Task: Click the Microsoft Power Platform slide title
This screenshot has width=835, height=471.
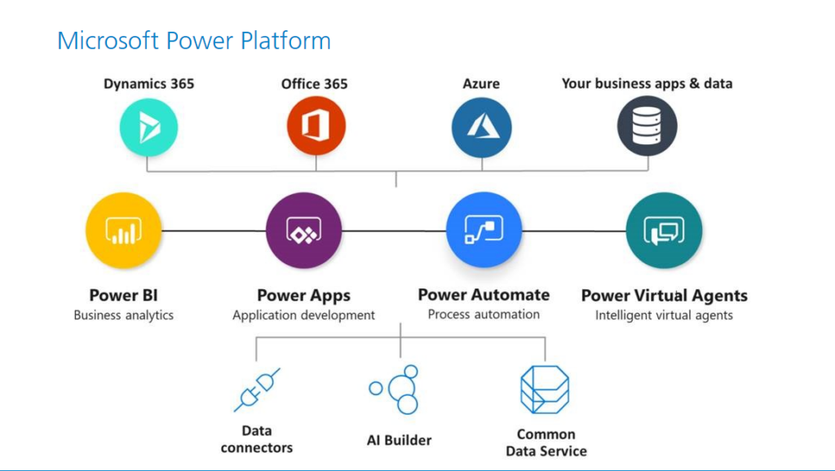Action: point(194,41)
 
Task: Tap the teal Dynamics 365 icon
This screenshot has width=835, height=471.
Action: point(148,127)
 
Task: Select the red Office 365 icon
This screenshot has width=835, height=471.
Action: point(316,126)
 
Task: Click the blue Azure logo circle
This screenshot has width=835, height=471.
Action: point(481,127)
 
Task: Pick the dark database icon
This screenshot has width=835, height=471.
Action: point(647,126)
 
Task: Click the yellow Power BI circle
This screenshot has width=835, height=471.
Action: point(124,231)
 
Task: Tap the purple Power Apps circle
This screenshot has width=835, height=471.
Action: point(303,231)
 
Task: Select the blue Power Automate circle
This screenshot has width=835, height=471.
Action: point(484,230)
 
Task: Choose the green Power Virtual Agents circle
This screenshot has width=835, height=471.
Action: point(664,231)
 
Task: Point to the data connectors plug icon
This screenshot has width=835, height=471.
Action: point(257,390)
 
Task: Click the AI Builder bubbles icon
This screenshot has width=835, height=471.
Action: point(394,390)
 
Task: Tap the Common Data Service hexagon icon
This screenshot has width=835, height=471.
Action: point(545,390)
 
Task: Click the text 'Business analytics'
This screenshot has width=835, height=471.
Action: point(124,315)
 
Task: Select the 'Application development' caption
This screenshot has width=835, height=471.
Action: point(303,315)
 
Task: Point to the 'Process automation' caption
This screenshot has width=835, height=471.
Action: point(484,315)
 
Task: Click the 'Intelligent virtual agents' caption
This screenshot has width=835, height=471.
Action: point(664,315)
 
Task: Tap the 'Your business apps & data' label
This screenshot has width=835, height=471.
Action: point(647,84)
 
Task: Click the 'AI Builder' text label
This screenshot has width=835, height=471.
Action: point(399,440)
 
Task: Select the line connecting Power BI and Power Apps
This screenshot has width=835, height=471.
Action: point(214,231)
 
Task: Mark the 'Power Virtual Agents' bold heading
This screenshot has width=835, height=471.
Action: point(664,295)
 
